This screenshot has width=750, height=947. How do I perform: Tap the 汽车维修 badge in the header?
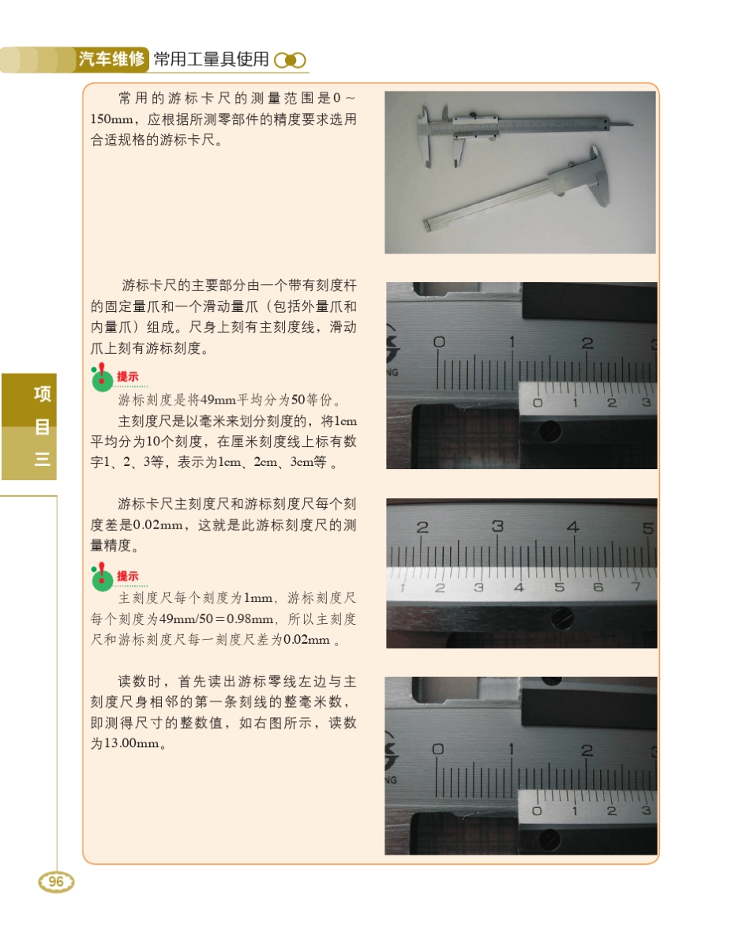click(111, 59)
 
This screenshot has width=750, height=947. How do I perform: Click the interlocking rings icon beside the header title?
click(290, 60)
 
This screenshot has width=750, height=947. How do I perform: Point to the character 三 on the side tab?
click(42, 459)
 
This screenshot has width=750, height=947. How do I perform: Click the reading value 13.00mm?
click(131, 744)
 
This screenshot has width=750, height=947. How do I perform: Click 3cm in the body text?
click(302, 463)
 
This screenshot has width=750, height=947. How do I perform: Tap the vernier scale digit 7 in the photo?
click(635, 587)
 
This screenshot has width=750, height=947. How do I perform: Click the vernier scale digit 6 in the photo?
click(598, 587)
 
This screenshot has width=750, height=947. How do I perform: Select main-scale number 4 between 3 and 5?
click(573, 527)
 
